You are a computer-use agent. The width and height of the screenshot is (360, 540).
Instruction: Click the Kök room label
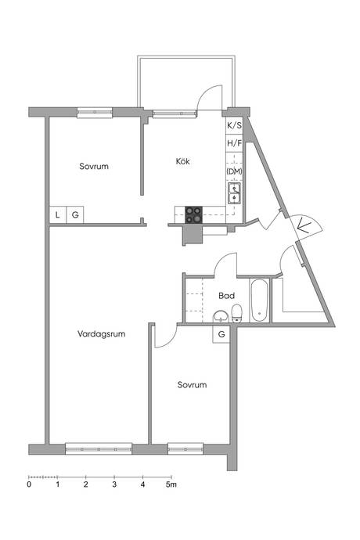coord(182,161)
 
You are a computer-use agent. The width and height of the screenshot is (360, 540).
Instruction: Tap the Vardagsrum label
coord(101,333)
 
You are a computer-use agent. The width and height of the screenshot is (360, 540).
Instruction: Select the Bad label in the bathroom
coord(226,296)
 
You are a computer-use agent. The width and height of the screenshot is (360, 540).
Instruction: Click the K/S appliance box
coord(234,125)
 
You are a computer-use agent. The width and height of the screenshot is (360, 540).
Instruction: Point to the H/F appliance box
coord(234,143)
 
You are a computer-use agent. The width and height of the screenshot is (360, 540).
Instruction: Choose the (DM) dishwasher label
coord(234,171)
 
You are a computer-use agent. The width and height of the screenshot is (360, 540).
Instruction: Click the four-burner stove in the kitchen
coord(193,214)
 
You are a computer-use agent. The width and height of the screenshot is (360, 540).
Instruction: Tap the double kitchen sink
coord(234,193)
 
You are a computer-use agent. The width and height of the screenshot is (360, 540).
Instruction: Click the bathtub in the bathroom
coord(259,301)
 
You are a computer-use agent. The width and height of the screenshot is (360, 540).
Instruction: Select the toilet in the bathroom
coord(236,313)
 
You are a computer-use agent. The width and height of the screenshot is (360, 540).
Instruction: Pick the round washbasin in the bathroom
coord(221,316)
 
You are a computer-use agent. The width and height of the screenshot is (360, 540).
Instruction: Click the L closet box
coord(58,215)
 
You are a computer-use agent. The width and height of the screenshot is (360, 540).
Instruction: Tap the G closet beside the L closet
coord(75,215)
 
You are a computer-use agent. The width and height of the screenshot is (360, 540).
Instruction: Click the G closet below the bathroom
coord(221,334)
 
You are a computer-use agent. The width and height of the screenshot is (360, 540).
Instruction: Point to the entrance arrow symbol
coord(303,225)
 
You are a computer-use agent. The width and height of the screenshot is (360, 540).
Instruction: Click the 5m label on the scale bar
coord(171,484)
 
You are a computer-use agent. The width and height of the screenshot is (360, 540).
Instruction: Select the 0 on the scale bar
coord(29,484)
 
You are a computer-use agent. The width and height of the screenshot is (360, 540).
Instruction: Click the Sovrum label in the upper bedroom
coord(94,166)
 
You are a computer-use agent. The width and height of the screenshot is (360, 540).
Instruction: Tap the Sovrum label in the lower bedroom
coord(192,385)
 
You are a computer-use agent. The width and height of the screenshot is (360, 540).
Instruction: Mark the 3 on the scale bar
coord(114,484)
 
